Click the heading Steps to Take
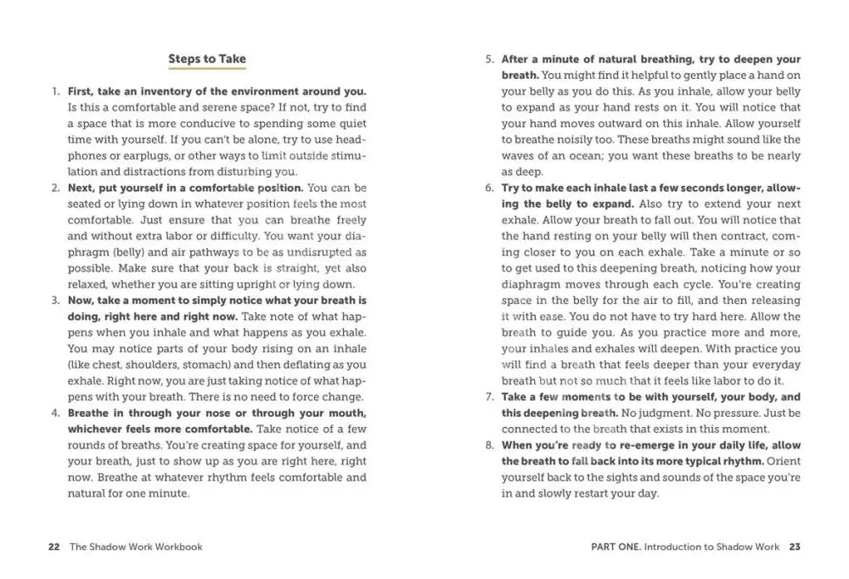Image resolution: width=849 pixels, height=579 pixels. tap(207, 59)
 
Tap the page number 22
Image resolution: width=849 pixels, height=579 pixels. tap(53, 547)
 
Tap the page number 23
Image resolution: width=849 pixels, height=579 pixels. tap(794, 547)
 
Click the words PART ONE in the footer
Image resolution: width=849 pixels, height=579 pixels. tap(615, 547)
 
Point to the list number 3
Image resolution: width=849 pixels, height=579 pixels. tap(55, 301)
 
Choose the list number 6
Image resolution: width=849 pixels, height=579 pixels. tap(489, 188)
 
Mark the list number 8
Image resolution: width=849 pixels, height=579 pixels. tap(489, 445)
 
